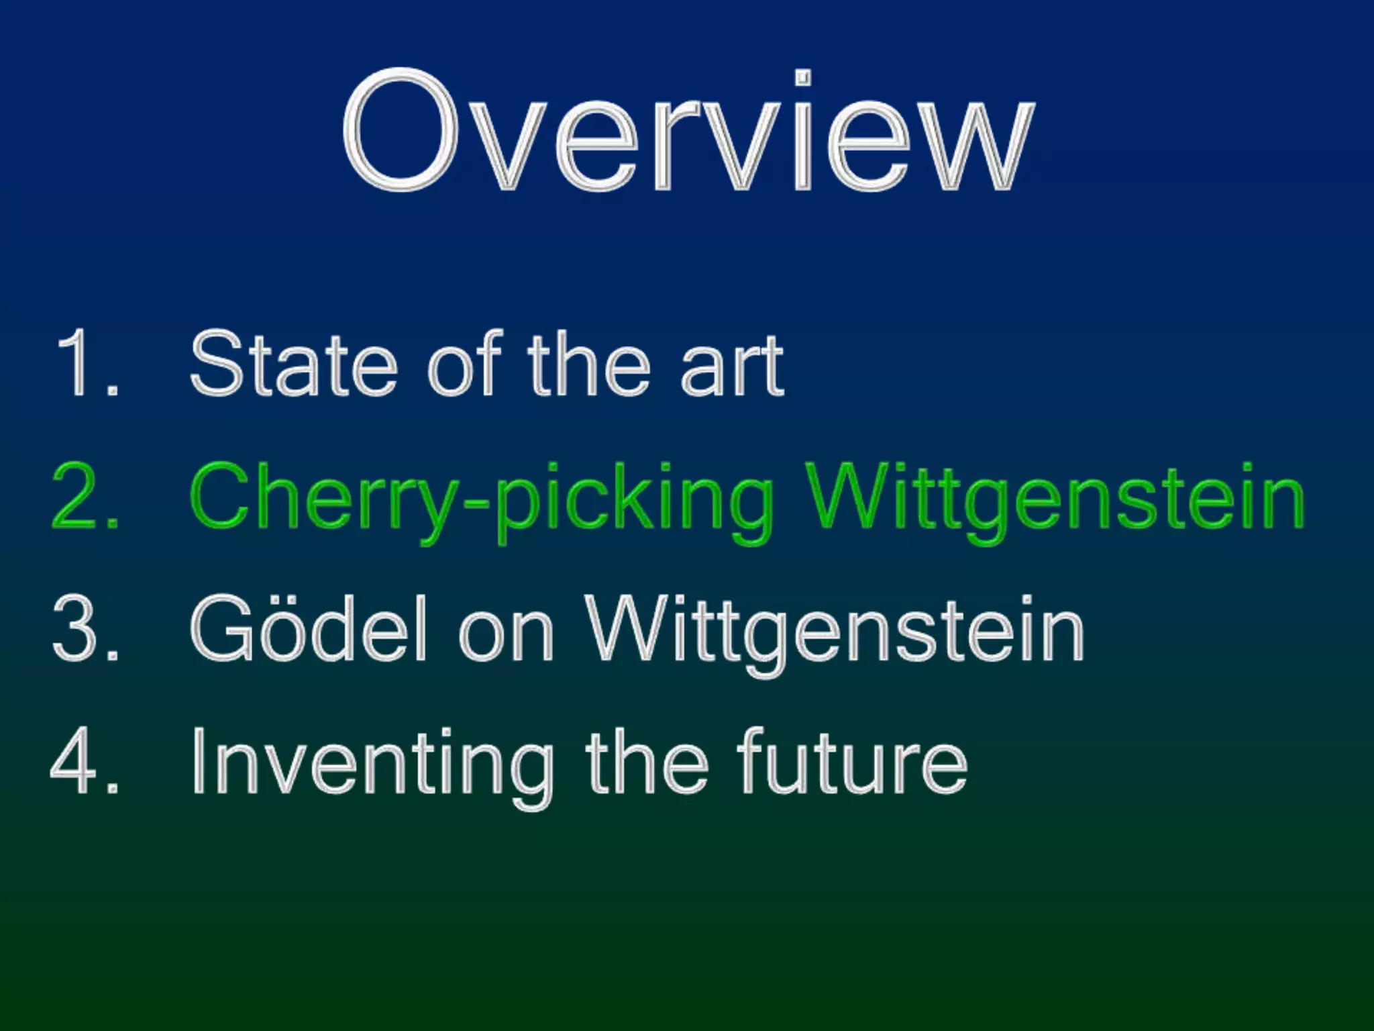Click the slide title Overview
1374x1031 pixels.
688,131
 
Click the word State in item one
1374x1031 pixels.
294,363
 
